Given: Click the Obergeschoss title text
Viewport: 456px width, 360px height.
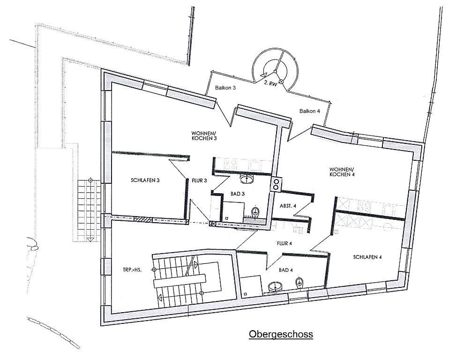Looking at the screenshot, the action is (281, 334).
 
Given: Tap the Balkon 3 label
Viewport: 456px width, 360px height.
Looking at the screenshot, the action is (225, 88).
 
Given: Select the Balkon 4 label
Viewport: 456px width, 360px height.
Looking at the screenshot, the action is (310, 111).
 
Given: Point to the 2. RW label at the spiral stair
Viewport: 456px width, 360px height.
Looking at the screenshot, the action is (270, 83).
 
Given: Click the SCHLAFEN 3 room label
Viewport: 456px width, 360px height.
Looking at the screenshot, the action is (145, 180).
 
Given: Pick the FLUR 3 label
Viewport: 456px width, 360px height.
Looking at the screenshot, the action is (199, 180).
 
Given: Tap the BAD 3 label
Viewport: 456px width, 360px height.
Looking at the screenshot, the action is (238, 194).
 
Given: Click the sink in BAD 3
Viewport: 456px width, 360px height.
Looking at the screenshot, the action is (247, 179).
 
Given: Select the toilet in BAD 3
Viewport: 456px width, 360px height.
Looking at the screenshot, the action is (255, 212).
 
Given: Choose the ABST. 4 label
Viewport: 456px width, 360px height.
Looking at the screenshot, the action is (288, 206).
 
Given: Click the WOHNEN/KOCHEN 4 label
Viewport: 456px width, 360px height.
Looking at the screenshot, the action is (342, 172).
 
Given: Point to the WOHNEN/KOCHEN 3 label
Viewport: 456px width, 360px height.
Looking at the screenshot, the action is (204, 136).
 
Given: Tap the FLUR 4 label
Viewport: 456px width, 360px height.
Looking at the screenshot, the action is (284, 243).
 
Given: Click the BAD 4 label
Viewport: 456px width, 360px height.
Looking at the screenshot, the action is (285, 270).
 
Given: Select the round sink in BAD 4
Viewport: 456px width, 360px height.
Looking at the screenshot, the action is (275, 287).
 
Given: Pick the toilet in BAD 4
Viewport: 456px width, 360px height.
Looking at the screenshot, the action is (299, 283).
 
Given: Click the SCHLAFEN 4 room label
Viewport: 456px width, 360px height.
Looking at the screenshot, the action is (367, 257).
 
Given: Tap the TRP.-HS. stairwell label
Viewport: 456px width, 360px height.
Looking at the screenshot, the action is (132, 270).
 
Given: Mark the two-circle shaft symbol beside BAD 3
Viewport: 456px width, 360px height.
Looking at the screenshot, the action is (276, 184).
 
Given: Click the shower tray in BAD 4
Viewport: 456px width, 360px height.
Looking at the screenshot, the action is (251, 286).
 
